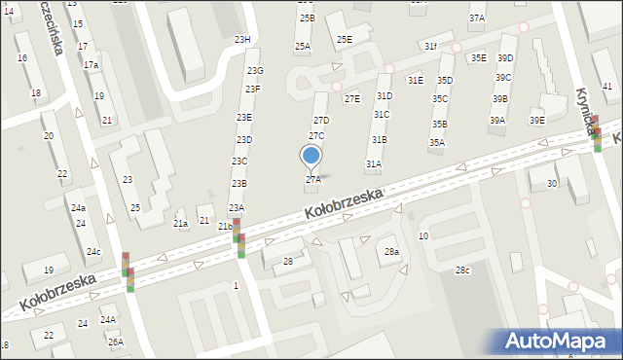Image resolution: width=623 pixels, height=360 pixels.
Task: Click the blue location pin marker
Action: click(311, 155)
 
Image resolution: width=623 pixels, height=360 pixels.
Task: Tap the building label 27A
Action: click(313, 179)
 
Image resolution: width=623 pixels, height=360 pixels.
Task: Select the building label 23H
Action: click(242, 40)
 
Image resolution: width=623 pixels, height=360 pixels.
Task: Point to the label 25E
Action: click(345, 40)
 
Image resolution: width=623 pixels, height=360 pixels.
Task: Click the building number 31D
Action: click(385, 95)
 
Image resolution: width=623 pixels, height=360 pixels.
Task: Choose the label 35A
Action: click(437, 143)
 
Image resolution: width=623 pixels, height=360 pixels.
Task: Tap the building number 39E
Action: click(537, 120)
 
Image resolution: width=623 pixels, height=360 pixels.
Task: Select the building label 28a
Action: click(391, 252)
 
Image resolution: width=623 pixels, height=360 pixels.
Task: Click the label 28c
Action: click(462, 270)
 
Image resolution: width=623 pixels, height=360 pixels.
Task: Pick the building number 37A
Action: click(477, 18)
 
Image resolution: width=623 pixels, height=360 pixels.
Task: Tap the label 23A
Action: click(237, 208)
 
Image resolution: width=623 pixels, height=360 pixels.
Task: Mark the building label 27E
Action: click(352, 98)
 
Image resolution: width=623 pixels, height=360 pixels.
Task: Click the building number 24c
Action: click(92, 252)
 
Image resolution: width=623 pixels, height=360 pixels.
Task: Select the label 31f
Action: click(430, 46)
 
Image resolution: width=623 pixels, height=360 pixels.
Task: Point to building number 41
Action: click(607, 87)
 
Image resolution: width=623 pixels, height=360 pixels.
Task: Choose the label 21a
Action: click(180, 224)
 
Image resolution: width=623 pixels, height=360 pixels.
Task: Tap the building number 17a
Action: click(91, 64)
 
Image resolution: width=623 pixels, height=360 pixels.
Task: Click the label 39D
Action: click(505, 57)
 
